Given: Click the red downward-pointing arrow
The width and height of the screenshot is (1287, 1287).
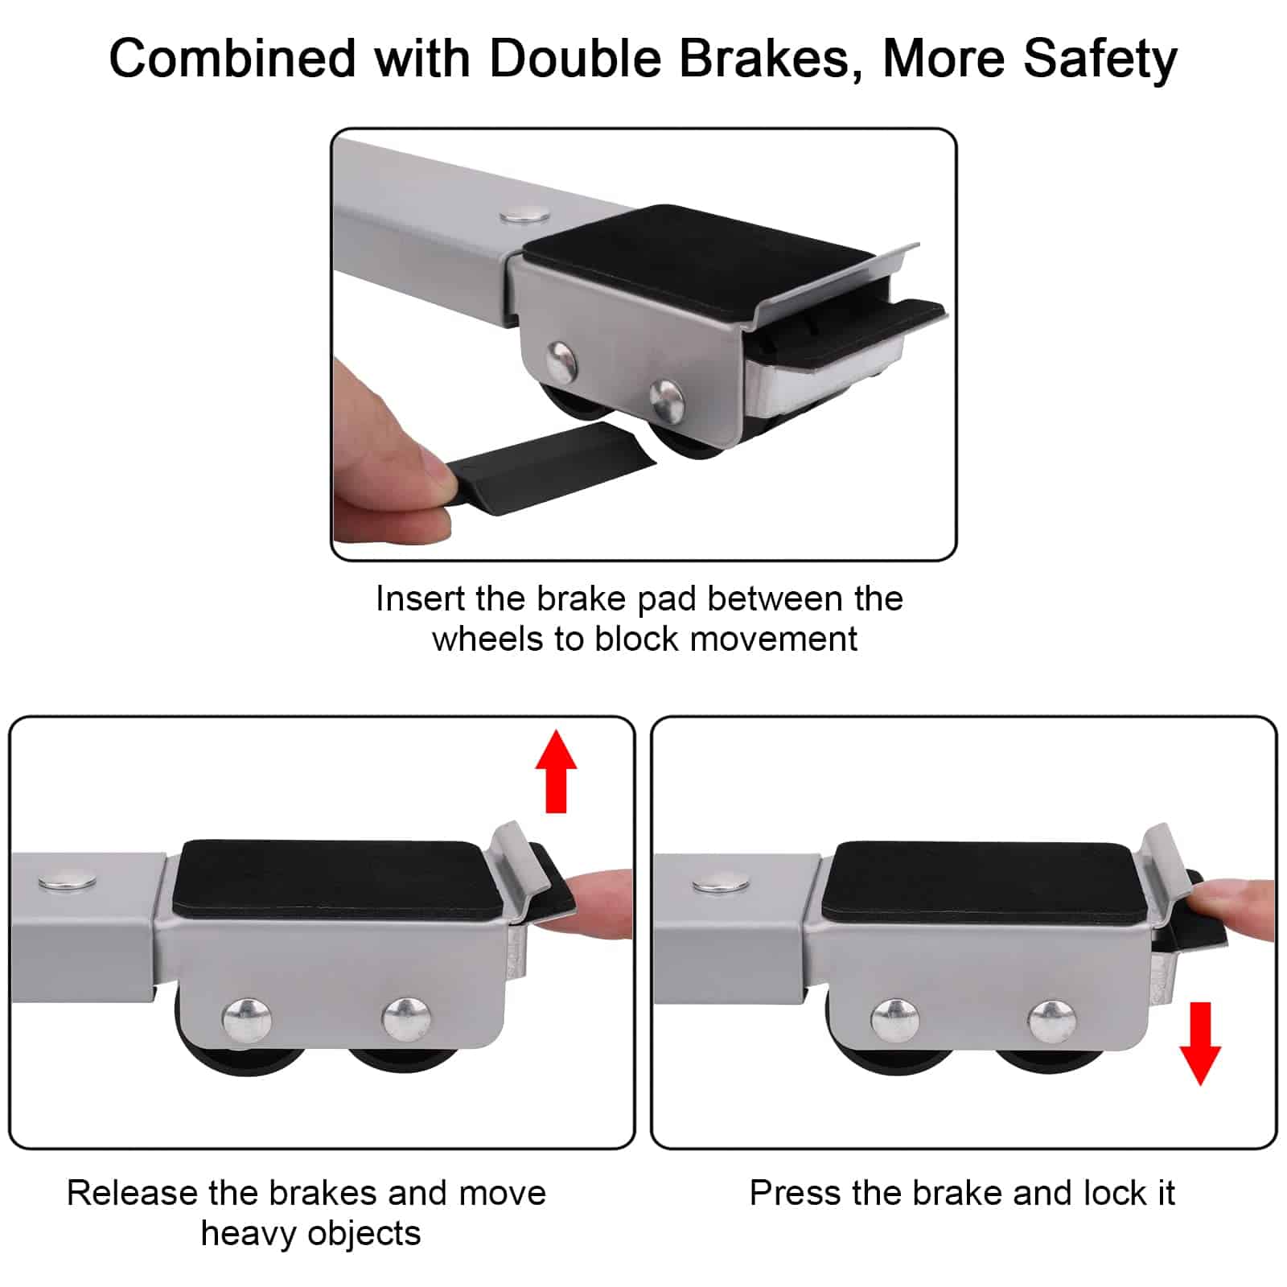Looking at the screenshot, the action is pyautogui.click(x=1200, y=1043).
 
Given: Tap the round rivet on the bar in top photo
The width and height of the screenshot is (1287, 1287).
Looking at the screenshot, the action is pyautogui.click(x=524, y=215).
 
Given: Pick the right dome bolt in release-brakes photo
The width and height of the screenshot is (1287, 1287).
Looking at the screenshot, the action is pyautogui.click(x=406, y=1018).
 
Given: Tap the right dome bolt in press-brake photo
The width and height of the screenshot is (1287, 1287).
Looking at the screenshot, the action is pyautogui.click(x=1053, y=1022).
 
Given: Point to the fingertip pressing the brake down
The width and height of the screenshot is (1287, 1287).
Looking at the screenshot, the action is pyautogui.click(x=1235, y=907).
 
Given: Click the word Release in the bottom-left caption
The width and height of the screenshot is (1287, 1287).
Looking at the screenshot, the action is pyautogui.click(x=131, y=1192).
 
